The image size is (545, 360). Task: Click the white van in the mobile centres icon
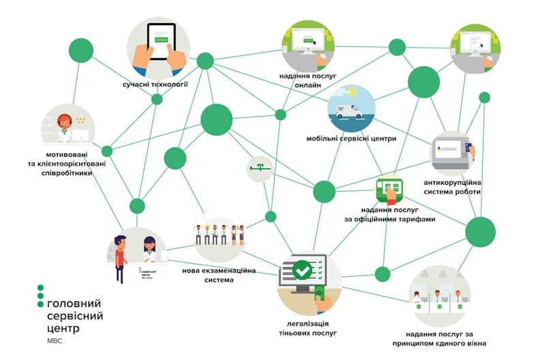click(349, 112)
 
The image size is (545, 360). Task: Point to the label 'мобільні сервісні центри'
click(352, 139)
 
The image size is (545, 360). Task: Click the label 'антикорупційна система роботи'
click(452, 187)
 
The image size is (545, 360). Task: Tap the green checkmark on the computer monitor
click(302, 271)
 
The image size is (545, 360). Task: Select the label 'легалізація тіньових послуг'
click(309, 328)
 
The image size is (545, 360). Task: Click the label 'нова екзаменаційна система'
click(219, 275)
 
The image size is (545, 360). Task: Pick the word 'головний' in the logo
click(74, 302)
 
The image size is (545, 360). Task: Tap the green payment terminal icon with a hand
click(390, 190)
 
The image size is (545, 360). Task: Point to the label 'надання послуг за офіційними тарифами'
click(390, 215)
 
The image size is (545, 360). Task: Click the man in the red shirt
click(121, 257)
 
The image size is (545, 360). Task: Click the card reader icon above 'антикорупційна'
click(467, 149)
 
